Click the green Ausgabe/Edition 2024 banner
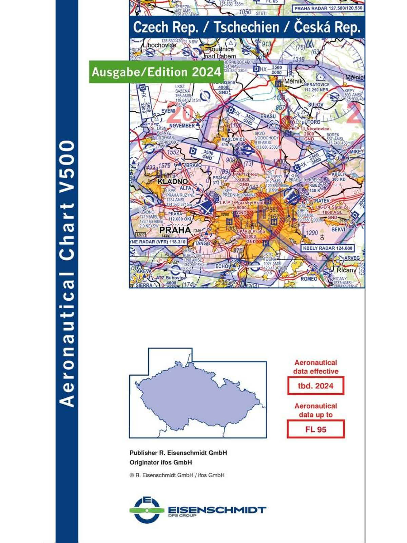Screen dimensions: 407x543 click(x=156, y=72)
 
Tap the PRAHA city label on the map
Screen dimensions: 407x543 click(x=175, y=230)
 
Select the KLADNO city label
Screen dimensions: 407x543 click(x=173, y=182)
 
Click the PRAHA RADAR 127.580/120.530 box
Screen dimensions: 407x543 click(x=328, y=8)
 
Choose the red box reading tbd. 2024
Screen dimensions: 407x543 click(x=315, y=386)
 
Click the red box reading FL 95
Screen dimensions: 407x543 click(x=315, y=429)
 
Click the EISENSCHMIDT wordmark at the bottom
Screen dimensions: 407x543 click(x=217, y=510)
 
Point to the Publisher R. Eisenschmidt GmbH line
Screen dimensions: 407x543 click(x=178, y=453)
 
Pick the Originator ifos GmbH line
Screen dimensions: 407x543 click(x=161, y=462)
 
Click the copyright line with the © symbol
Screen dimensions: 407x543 click(x=177, y=475)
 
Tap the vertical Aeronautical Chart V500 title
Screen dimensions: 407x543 click(x=66, y=273)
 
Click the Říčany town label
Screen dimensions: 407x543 click(x=346, y=270)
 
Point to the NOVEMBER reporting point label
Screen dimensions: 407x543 click(x=182, y=126)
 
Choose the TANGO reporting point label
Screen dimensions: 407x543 click(x=202, y=243)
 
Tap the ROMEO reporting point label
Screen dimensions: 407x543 click(x=309, y=279)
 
